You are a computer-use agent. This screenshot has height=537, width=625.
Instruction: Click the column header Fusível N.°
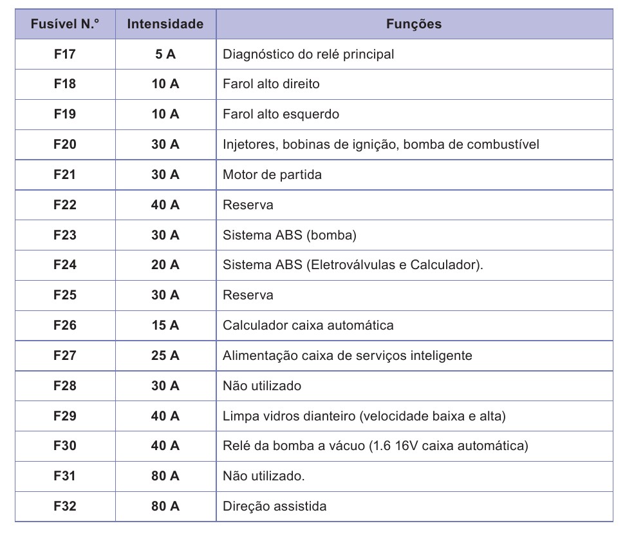click(65, 24)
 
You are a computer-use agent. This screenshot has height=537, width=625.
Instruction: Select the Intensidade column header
click(165, 24)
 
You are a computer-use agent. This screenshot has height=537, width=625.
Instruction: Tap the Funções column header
click(414, 24)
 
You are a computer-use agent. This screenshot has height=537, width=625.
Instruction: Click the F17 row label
click(65, 54)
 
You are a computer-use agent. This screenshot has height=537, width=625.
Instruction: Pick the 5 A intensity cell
click(165, 54)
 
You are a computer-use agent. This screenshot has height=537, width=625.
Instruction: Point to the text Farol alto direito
click(271, 84)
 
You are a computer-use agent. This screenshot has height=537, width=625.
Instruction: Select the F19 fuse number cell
click(65, 114)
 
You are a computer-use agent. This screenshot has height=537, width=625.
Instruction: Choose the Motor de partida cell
click(272, 174)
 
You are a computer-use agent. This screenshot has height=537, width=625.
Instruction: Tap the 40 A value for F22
click(165, 205)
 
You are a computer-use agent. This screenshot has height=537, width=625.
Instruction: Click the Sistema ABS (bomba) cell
click(289, 235)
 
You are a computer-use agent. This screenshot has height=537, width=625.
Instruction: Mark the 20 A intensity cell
click(165, 265)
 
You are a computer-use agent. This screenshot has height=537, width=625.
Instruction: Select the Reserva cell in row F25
click(248, 295)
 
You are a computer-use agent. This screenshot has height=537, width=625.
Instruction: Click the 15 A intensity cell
click(165, 325)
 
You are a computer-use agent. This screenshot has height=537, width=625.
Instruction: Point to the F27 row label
click(65, 355)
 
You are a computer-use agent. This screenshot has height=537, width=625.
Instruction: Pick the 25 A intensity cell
click(165, 355)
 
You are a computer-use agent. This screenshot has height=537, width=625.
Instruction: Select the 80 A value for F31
click(165, 476)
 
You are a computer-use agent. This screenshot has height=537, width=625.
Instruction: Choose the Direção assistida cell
click(274, 506)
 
